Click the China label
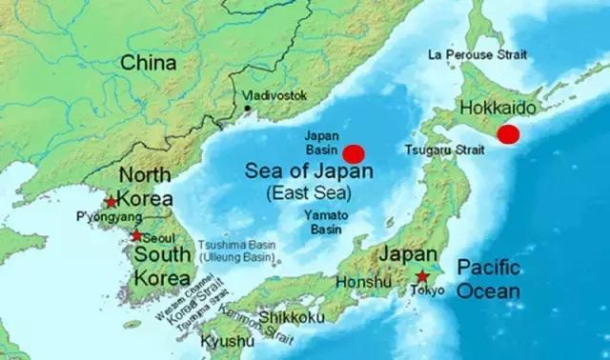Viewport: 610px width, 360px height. pos(148,63)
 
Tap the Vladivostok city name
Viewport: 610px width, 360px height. pos(275,95)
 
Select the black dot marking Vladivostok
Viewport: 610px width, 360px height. pos(248,108)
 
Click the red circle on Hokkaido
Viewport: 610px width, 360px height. pos(509,134)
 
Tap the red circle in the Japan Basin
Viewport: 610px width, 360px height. pos(355,152)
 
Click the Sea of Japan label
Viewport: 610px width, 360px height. pos(309,172)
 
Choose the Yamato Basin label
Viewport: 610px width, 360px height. pos(325,222)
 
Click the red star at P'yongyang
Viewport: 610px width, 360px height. pos(112,202)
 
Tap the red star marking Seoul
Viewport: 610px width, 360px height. pos(136,235)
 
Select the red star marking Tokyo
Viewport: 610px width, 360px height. pos(421,276)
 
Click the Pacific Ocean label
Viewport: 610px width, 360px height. pos(488,279)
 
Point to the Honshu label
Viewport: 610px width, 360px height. pos(364,282)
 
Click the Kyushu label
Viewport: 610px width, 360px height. pos(228,341)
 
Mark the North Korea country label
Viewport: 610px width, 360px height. pos(144,188)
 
